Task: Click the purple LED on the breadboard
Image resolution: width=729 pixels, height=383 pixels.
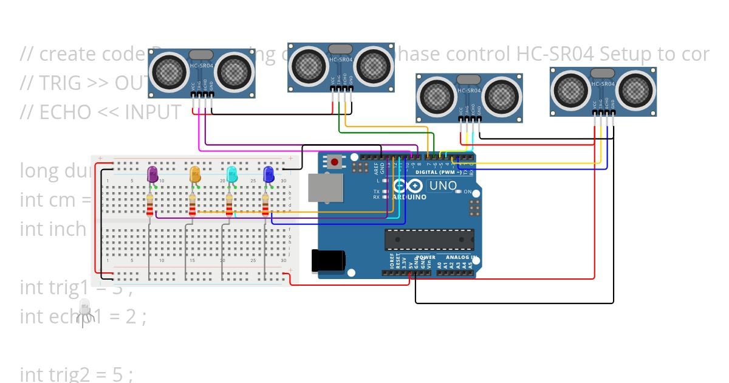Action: click(x=152, y=174)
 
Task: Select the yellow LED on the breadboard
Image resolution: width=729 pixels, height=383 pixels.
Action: click(x=195, y=174)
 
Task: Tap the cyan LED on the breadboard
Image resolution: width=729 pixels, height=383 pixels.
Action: click(x=231, y=174)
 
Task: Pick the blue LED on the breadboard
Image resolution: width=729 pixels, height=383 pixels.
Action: click(x=269, y=174)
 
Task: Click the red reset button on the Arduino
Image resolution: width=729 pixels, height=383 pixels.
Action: click(x=334, y=162)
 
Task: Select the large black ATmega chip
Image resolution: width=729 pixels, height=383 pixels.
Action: click(x=429, y=240)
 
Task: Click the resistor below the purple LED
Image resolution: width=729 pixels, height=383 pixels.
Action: click(x=150, y=206)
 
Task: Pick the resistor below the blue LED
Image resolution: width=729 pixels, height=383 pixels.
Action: click(x=265, y=206)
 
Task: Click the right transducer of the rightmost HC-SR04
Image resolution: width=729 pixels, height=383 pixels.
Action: click(x=636, y=90)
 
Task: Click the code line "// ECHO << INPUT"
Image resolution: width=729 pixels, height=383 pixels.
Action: click(x=100, y=112)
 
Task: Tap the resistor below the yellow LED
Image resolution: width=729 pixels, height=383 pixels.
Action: click(x=193, y=206)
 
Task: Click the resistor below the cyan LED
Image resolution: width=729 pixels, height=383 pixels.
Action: click(x=229, y=206)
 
